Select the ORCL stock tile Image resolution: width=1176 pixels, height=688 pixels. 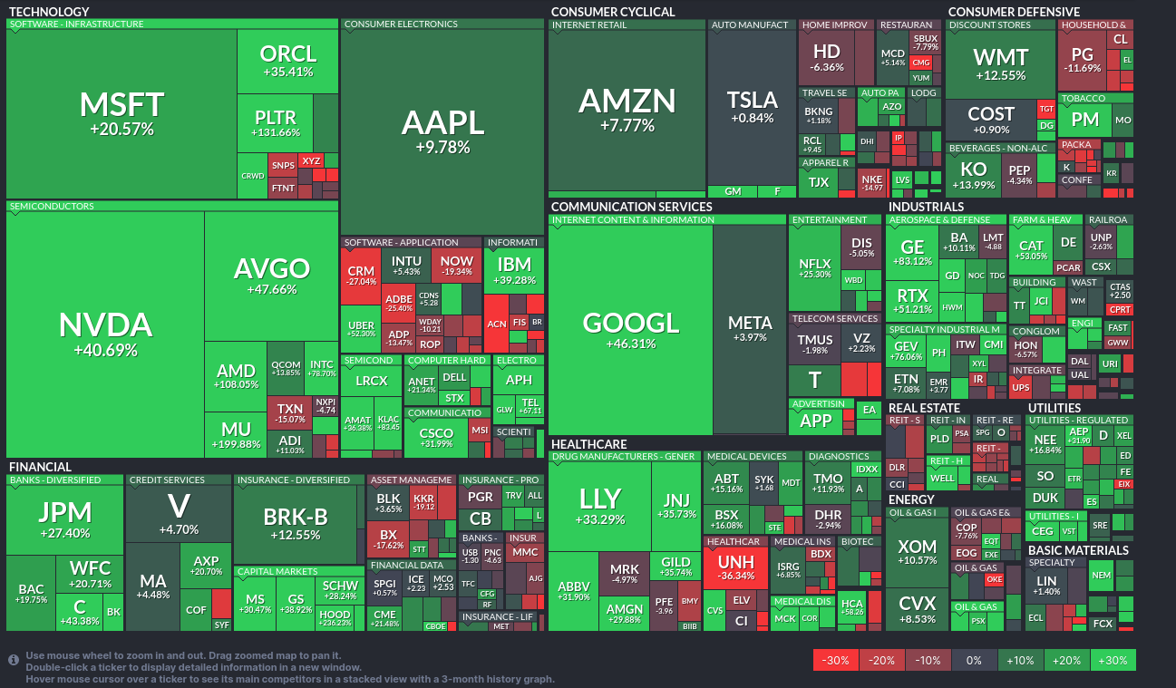tap(287, 60)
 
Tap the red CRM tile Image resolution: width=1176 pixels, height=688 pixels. tap(361, 276)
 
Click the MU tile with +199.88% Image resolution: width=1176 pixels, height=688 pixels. tap(235, 434)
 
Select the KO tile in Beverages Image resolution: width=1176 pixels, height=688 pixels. tap(973, 175)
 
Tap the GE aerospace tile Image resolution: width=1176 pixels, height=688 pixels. tap(912, 253)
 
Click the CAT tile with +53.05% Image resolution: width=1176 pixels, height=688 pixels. tap(1031, 249)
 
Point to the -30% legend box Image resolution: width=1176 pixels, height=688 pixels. tap(835, 660)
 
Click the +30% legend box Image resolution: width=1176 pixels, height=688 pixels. tap(1113, 660)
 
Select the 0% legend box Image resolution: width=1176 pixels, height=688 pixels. tap(974, 660)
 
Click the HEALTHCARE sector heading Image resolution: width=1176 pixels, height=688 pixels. tap(588, 444)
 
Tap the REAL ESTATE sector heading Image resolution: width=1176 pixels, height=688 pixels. tap(923, 408)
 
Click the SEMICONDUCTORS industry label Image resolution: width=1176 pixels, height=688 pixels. tap(52, 206)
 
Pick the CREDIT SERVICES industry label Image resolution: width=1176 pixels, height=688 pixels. tap(167, 480)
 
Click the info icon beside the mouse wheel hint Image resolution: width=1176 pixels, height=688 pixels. tap(15, 661)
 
